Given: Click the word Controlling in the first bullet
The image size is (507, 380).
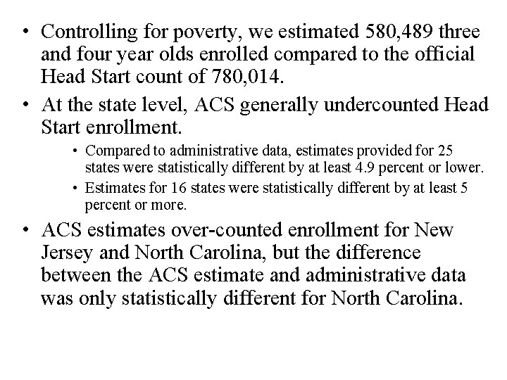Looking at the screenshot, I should pyautogui.click(x=87, y=33).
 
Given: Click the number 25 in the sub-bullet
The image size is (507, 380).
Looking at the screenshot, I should pyautogui.click(x=446, y=151).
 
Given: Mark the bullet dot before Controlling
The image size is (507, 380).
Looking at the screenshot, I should pyautogui.click(x=25, y=33).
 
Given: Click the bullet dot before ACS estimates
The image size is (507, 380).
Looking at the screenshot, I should pyautogui.click(x=25, y=230).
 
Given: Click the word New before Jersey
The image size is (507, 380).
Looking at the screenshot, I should pyautogui.click(x=435, y=230).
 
